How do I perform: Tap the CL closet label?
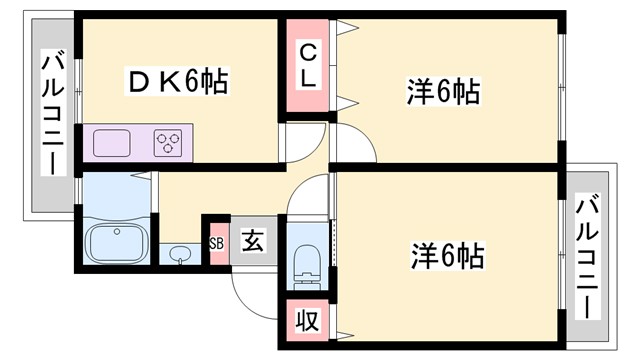tap(308, 64)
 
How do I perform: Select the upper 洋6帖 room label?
tap(443, 93)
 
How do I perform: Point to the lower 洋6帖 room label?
tap(446, 256)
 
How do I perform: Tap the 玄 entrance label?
tap(253, 241)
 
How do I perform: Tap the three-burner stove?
tap(168, 143)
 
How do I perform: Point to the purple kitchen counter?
tap(139, 143)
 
